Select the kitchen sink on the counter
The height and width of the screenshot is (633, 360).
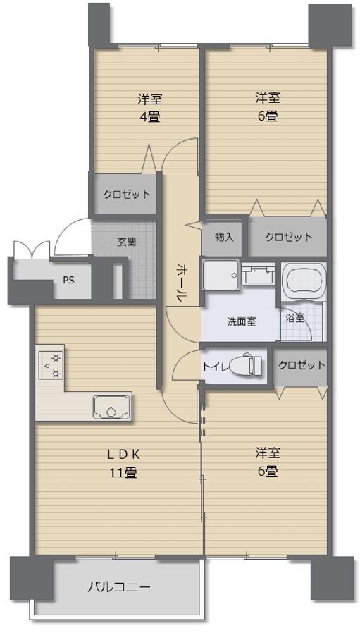[111, 407]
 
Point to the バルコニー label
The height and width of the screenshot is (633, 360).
[119, 586]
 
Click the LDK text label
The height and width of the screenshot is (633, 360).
[123, 454]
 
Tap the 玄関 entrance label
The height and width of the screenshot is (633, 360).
[127, 242]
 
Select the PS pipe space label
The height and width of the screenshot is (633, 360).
[68, 280]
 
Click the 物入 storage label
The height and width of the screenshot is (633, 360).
[224, 237]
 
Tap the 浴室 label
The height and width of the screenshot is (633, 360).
[294, 318]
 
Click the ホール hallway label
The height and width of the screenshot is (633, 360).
[181, 283]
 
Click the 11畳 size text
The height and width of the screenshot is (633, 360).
[123, 472]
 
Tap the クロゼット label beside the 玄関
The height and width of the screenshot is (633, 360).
[127, 194]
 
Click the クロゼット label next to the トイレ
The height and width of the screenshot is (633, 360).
[302, 365]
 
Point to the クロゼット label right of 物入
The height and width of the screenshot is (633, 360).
[288, 237]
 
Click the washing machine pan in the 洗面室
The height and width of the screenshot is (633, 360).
[221, 275]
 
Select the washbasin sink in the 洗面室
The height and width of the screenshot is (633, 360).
[259, 274]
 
